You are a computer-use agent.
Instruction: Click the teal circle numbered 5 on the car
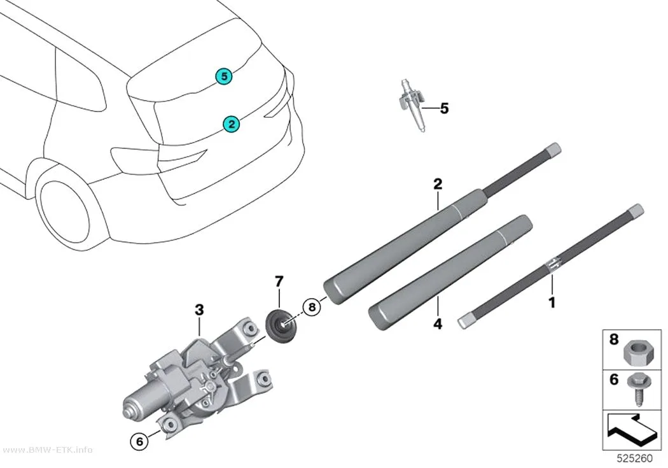[224, 76]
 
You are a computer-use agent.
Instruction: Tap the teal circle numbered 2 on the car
[231, 124]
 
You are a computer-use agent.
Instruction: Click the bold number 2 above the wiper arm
[438, 184]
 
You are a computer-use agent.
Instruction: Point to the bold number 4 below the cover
[438, 324]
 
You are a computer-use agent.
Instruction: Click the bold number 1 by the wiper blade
[552, 302]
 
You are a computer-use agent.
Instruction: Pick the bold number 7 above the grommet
[279, 281]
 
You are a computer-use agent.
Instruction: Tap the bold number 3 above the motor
[199, 310]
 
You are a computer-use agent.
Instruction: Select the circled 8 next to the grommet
[312, 306]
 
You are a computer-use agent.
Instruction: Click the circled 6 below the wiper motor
[139, 441]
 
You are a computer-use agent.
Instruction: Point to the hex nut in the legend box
[636, 353]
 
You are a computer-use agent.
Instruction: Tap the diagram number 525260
[634, 458]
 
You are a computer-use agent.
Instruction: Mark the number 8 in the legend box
[613, 340]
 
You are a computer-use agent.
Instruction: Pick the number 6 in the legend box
[613, 379]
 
